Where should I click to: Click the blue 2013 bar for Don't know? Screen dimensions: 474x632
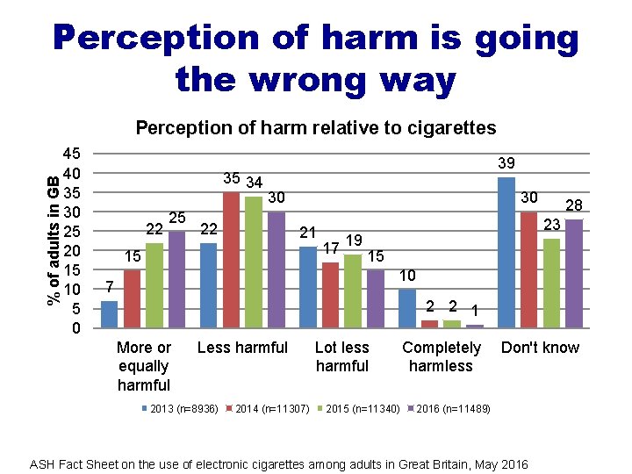pos(506,252)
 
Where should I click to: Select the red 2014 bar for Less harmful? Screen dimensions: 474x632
pos(231,260)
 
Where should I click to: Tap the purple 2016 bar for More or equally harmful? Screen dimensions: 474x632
pos(176,279)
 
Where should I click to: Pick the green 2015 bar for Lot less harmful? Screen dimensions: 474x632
pos(353,291)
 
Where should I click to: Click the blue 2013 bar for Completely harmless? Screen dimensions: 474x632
pos(406,308)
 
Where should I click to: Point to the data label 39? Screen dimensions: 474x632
pos(506,164)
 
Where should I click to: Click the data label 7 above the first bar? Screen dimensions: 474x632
pos(109,287)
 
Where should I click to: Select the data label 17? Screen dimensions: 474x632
pos(331,248)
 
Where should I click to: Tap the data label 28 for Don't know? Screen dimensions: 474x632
pos(573,205)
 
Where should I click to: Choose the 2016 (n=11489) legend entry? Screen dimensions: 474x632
pos(452,409)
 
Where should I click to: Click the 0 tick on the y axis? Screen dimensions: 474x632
pos(77,328)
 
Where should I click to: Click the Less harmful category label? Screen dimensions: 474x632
pos(242,348)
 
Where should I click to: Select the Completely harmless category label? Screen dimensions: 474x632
pos(441,356)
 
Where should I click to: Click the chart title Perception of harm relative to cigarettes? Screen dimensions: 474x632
pos(315,128)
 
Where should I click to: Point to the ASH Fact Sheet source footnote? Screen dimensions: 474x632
pos(279,463)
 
